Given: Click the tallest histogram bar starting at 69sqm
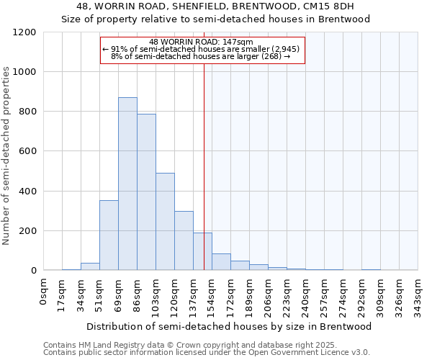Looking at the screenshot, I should pyautogui.click(x=127, y=184).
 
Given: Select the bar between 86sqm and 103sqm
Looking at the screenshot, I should pyautogui.click(x=146, y=192).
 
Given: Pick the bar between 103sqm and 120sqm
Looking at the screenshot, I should pyautogui.click(x=165, y=222).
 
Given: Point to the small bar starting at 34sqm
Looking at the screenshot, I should pyautogui.click(x=90, y=266).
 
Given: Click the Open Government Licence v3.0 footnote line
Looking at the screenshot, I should pyautogui.click(x=207, y=353).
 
